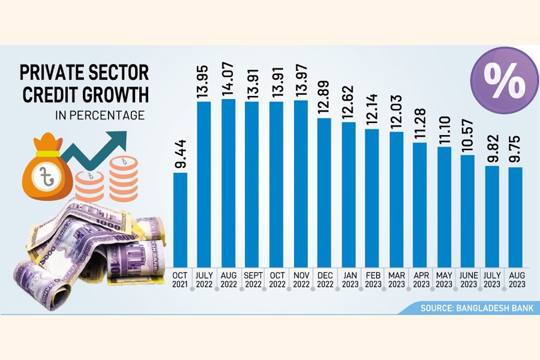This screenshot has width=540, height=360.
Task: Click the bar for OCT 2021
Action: coord(181,219)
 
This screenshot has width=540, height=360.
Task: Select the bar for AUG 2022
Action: coord(229,182)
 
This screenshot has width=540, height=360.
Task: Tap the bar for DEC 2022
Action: coord(324,192)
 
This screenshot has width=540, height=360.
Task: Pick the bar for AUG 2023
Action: coord(515,217)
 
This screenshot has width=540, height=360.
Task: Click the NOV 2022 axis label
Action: coord(300,279)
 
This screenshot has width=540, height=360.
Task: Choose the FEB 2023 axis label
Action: coord(372,279)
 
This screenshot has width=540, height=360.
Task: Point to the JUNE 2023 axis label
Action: coord(467,279)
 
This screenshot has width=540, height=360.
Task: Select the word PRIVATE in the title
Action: coord(51,74)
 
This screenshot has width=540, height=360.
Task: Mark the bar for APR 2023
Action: coord(420,204)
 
